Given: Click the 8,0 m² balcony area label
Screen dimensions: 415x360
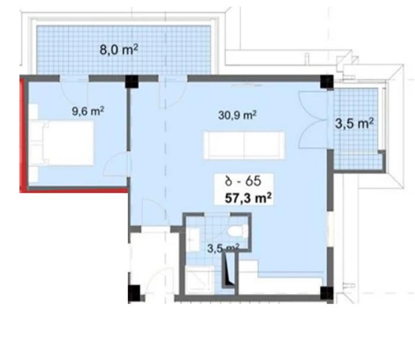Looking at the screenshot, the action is pyautogui.click(x=119, y=49).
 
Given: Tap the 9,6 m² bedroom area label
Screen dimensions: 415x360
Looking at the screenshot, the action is pyautogui.click(x=88, y=111).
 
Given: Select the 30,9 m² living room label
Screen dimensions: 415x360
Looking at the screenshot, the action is pyautogui.click(x=237, y=115).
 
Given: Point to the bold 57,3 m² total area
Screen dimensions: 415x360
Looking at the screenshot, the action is pyautogui.click(x=248, y=198).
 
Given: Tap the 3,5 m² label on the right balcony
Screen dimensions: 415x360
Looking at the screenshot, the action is pyautogui.click(x=355, y=123).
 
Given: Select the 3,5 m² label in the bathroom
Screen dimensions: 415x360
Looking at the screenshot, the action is pyautogui.click(x=224, y=248).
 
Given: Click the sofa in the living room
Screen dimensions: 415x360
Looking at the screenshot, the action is pyautogui.click(x=244, y=145).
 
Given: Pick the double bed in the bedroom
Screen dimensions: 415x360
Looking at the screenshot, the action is pyautogui.click(x=62, y=143).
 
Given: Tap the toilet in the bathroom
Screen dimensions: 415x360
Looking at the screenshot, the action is pyautogui.click(x=237, y=232).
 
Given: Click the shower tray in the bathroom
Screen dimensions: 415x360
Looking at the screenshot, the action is pyautogui.click(x=200, y=280).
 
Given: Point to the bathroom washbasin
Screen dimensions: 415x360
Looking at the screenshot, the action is pyautogui.click(x=193, y=240).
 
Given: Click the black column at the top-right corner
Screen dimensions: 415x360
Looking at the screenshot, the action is pyautogui.click(x=327, y=81).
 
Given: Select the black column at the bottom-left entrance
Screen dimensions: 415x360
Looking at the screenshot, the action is pyautogui.click(x=135, y=293).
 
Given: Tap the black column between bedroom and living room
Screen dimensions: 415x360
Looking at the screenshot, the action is pyautogui.click(x=132, y=81).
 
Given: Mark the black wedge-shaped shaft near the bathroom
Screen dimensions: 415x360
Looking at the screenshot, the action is pyautogui.click(x=228, y=270).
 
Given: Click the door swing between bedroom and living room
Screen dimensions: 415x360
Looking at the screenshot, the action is pyautogui.click(x=116, y=165).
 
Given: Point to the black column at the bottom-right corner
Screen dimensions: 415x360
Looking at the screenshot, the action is pyautogui.click(x=327, y=293).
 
